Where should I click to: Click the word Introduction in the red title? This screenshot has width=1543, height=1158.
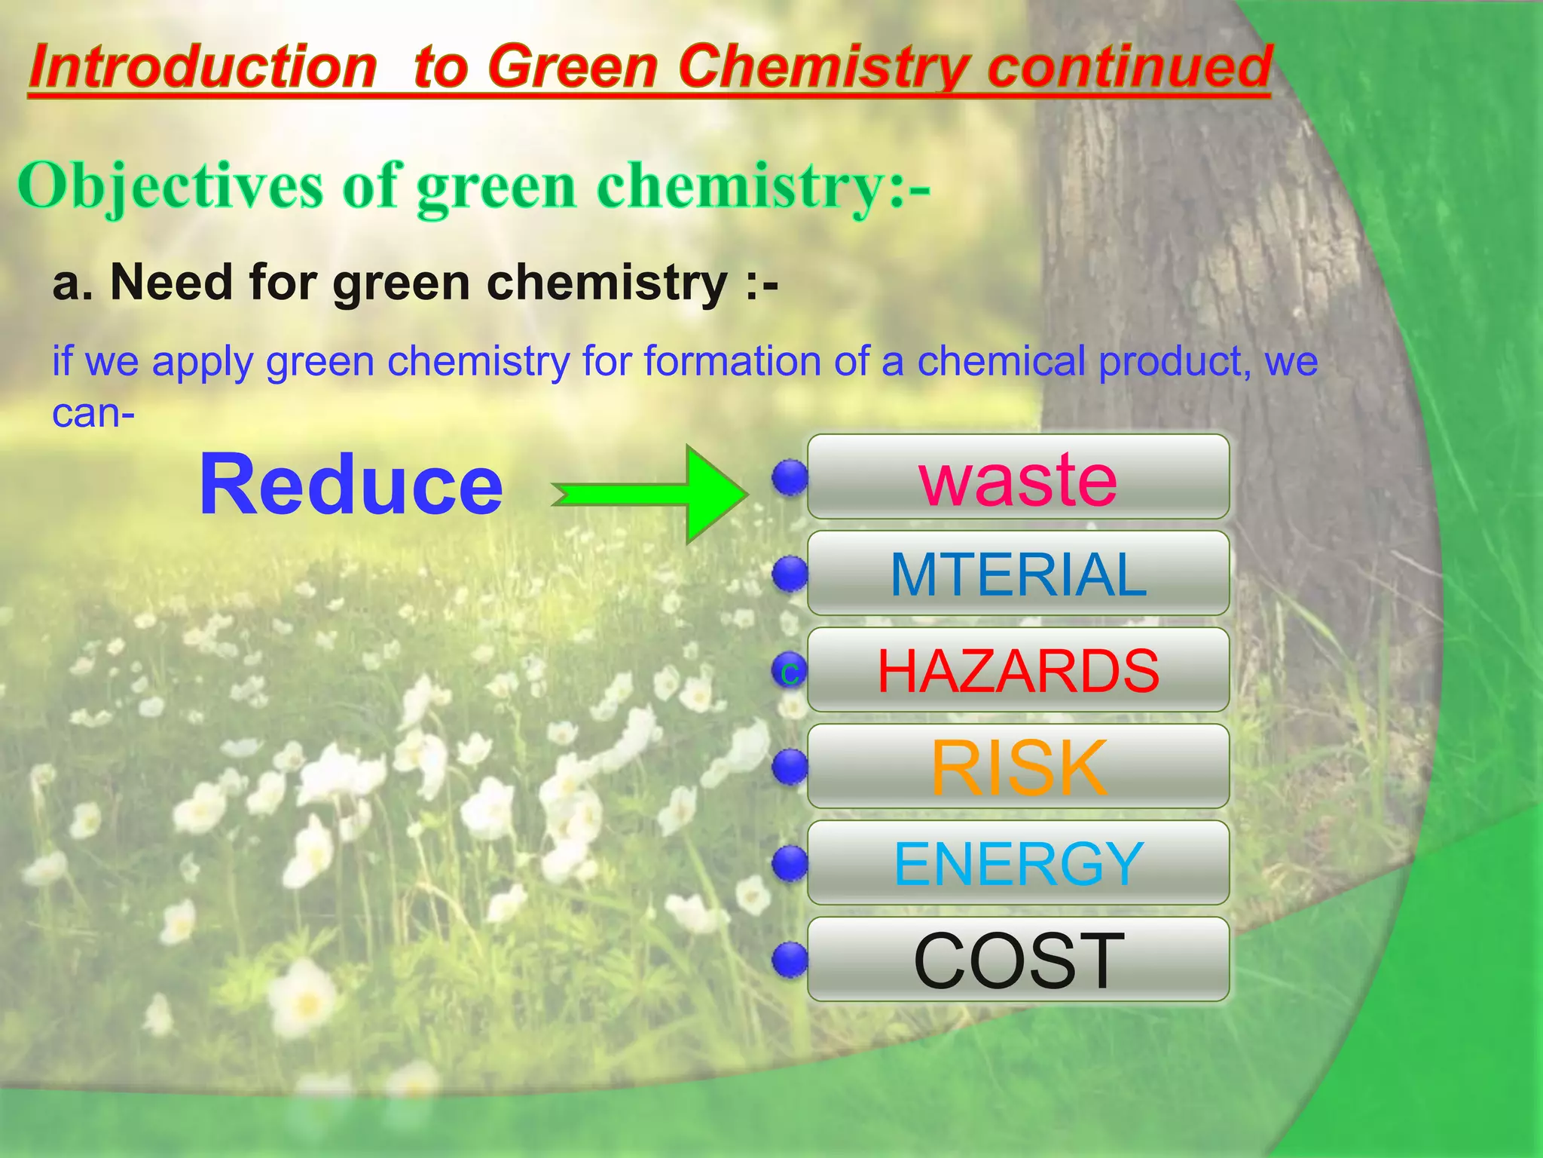[x=202, y=68]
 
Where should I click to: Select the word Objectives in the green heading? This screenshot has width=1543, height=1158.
[x=170, y=186]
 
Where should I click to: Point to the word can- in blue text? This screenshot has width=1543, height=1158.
[x=93, y=413]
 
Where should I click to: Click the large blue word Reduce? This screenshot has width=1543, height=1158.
[x=350, y=485]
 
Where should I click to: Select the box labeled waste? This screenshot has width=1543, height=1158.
[x=1017, y=477]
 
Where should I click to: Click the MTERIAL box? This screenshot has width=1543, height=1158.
[x=1017, y=574]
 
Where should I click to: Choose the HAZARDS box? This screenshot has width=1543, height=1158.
[x=1017, y=670]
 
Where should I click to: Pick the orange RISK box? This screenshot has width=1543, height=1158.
[x=1017, y=767]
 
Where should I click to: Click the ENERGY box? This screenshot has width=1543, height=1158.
[x=1017, y=863]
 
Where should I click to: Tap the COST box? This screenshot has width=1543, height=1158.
[x=1017, y=960]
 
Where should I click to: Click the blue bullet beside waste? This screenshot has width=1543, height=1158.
[x=790, y=477]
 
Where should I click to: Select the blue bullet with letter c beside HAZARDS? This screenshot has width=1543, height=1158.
[x=790, y=670]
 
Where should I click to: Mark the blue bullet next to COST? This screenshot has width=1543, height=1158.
[x=790, y=960]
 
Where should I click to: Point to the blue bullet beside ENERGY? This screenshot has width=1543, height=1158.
[x=790, y=863]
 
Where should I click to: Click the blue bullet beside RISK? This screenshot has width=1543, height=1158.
[x=790, y=767]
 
